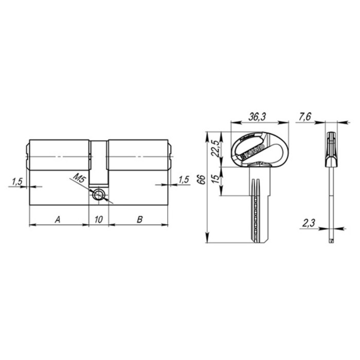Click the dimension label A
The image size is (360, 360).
coord(58,219)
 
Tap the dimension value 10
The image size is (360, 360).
coord(99,219)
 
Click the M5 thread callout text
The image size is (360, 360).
coord(78,180)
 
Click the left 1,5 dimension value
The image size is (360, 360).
coord(16,181)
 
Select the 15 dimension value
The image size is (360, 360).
coord(216,181)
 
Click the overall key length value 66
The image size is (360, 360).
coord(202,179)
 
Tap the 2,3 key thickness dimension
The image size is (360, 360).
coord(308,223)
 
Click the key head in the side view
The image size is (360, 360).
coord(331,149)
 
